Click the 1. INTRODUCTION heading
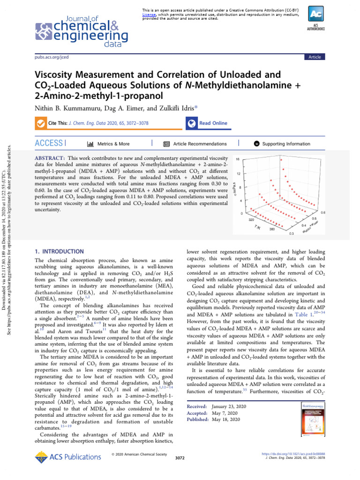coord(60,251)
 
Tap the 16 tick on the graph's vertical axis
coord(238,159)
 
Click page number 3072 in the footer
coord(180,457)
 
